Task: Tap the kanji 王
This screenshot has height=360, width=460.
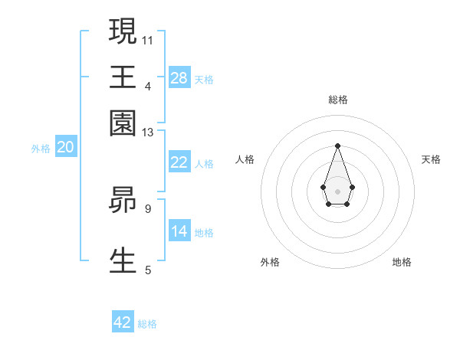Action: pyautogui.click(x=123, y=77)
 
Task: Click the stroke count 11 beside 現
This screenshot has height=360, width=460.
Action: pyautogui.click(x=148, y=39)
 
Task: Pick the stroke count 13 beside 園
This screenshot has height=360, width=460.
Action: pyautogui.click(x=148, y=133)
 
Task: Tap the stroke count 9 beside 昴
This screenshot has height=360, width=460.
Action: pyautogui.click(x=148, y=208)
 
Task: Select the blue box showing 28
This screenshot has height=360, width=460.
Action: pyautogui.click(x=179, y=78)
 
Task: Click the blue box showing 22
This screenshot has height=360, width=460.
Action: pyautogui.click(x=179, y=162)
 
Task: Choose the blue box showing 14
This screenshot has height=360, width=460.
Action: pyautogui.click(x=179, y=231)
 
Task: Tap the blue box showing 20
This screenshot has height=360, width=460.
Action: pyautogui.click(x=65, y=148)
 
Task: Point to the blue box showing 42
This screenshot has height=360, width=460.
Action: pyautogui.click(x=123, y=322)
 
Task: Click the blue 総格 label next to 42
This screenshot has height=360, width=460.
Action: pyautogui.click(x=147, y=324)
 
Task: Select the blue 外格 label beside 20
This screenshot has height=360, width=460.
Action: pyautogui.click(x=41, y=149)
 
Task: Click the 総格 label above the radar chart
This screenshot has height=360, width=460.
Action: pyautogui.click(x=337, y=100)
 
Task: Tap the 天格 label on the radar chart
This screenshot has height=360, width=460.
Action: pyautogui.click(x=431, y=159)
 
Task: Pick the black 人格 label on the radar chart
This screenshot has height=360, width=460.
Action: pyautogui.click(x=245, y=159)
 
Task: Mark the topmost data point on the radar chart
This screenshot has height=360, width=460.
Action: pyautogui.click(x=337, y=146)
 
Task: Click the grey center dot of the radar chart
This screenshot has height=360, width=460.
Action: pyautogui.click(x=337, y=191)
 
